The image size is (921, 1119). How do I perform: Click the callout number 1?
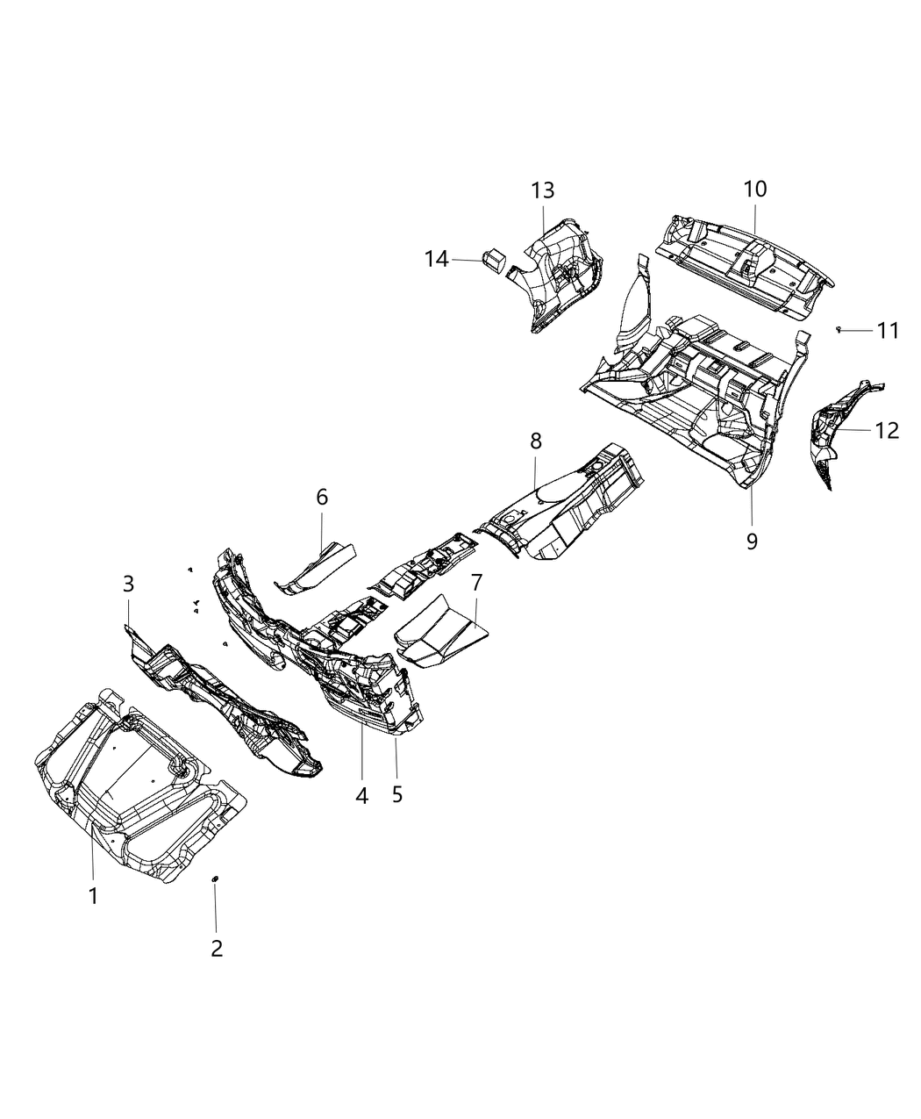click(93, 896)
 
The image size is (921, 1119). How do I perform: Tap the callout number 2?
click(216, 948)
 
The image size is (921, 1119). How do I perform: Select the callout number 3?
click(128, 584)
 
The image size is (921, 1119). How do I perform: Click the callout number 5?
click(397, 795)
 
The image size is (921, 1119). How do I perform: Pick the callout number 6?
click(322, 498)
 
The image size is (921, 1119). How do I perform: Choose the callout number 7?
click(476, 582)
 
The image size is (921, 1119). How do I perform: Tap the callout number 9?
click(752, 541)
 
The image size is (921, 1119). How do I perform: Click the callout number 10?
click(755, 189)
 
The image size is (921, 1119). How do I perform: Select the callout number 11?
click(888, 331)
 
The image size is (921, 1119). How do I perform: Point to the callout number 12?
click(887, 430)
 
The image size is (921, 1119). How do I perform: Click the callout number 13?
click(542, 190)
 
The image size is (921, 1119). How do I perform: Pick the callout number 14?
click(436, 259)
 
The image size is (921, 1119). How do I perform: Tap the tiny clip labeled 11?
click(839, 329)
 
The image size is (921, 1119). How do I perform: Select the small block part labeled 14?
click(494, 260)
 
